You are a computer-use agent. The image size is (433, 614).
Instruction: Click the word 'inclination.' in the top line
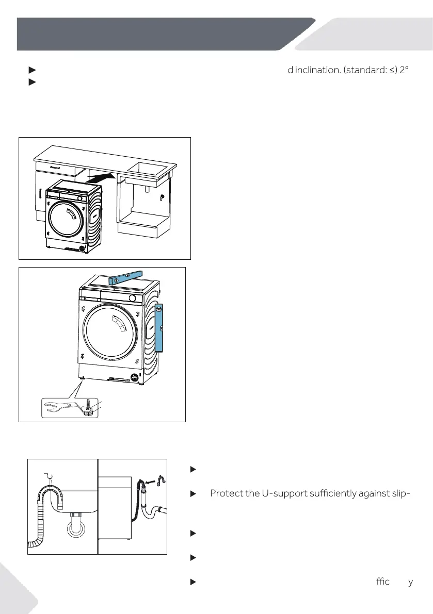[x=318, y=70]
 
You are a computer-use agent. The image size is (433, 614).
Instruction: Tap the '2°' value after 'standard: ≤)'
[x=404, y=70]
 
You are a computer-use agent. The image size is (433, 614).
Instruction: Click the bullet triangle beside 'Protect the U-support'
[x=193, y=494]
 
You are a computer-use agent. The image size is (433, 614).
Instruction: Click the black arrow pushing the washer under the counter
[x=101, y=178]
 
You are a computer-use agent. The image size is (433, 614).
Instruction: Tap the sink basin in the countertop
[x=148, y=169]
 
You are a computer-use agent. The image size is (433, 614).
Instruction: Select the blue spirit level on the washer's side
[x=159, y=327]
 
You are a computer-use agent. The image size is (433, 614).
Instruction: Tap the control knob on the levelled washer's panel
[x=133, y=298]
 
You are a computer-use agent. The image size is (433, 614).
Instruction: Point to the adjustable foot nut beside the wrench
[x=89, y=410]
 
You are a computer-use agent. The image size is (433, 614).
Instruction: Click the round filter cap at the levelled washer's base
[x=134, y=378]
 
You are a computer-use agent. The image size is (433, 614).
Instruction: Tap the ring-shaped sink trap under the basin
[x=76, y=527]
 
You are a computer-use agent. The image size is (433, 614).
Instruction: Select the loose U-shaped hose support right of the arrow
[x=161, y=480]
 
